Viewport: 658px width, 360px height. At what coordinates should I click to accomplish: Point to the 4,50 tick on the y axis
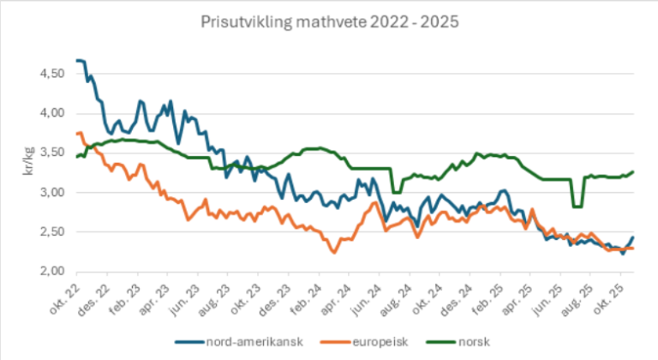pos(53,74)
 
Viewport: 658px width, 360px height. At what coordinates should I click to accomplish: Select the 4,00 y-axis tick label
pos(53,113)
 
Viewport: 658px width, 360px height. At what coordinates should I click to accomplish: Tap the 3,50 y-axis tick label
pos(53,153)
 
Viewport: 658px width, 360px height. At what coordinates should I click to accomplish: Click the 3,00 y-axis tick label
pos(53,192)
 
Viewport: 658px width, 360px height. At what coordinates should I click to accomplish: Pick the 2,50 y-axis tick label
pos(53,231)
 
